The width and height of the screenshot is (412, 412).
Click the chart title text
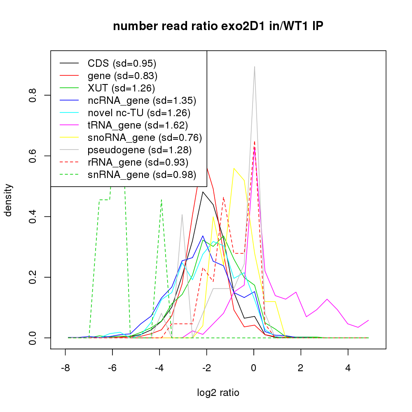[218, 26]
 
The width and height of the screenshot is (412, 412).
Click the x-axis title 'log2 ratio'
[218, 393]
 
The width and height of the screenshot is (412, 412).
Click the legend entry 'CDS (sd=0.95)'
[122, 63]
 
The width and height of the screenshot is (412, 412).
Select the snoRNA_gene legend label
[145, 138]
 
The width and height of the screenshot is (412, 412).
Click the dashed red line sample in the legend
[69, 162]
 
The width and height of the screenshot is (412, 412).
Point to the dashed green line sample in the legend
[69, 175]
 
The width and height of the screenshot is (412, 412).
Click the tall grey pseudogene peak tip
[255, 67]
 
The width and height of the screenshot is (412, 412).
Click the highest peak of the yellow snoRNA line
[234, 168]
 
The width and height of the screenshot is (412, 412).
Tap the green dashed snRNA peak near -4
[161, 200]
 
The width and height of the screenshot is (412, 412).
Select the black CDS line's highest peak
[203, 192]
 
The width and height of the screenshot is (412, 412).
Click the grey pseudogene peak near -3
[182, 214]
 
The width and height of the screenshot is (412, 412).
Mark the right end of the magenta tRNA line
[368, 320]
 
